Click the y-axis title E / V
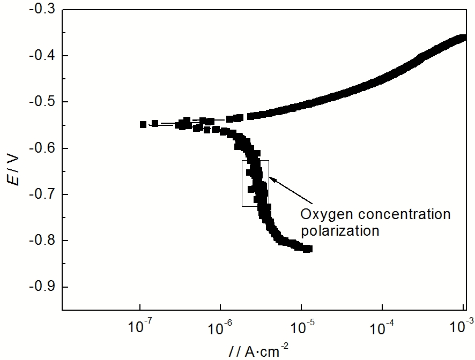[14, 169]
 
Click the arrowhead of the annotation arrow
[270, 178]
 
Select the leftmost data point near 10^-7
[143, 124]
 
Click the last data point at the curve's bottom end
[308, 249]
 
